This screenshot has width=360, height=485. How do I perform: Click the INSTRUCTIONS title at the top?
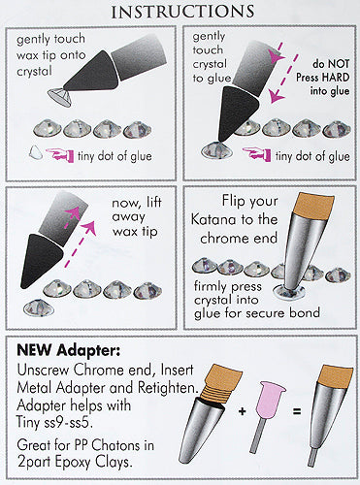182,12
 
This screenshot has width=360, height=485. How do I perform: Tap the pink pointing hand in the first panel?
60,154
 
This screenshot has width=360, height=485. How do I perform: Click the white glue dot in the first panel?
36,152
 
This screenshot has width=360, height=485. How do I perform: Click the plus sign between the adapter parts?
242,411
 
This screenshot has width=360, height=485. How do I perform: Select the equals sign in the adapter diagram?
297,411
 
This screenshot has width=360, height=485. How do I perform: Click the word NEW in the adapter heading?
34,349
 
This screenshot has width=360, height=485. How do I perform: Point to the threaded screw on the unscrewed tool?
212,393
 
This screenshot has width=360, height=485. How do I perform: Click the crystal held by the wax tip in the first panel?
59,97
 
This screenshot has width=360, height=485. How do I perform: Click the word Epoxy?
74,463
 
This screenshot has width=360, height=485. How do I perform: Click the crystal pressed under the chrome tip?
288,292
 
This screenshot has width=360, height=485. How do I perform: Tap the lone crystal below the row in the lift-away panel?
39,307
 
